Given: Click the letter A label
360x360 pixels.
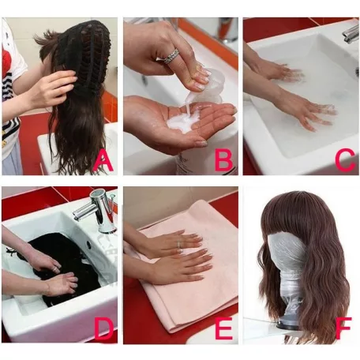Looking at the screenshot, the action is [104, 162].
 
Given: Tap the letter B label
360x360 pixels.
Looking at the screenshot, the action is [223, 160].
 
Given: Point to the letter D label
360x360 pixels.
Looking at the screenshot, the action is [104, 329].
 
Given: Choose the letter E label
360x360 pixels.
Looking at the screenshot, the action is [223, 328].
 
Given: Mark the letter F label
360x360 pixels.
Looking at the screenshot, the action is [343, 328].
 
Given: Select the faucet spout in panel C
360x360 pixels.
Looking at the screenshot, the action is [351, 34].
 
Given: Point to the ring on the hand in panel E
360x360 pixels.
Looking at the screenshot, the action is [178, 244].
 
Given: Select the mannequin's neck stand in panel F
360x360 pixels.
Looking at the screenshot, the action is [291, 298].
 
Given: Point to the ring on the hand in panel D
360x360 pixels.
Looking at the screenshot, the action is [57, 268].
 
